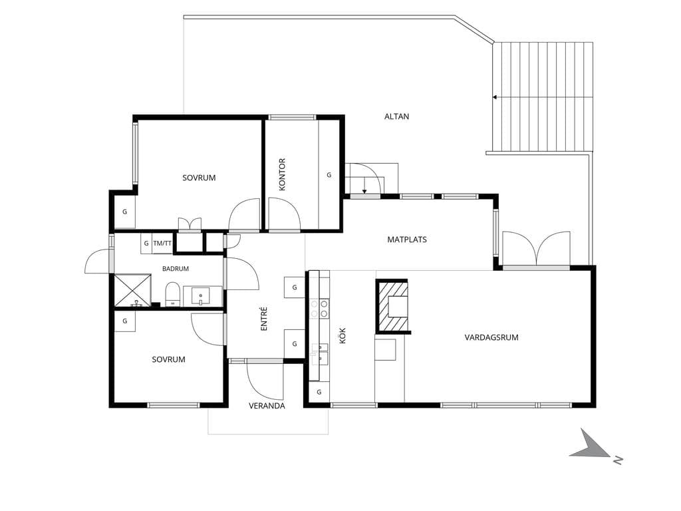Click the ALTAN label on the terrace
pos(396,116)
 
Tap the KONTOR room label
pos(282,174)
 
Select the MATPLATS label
pos(407,240)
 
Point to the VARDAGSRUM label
pos(491,337)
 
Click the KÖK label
pos(342,335)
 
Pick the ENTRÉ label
pos(264,319)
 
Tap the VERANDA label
pos(267,406)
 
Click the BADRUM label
pos(176,269)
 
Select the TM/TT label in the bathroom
pos(162,244)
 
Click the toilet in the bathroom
pos(173,293)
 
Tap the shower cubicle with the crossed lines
pos(133,290)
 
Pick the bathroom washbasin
pos(201,296)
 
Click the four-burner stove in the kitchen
pos(319,309)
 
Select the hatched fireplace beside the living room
pos(392,306)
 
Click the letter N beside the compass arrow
pos(618,460)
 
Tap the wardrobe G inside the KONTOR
pos(329,175)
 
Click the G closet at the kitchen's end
pos(319,392)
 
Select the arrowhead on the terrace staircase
pos(495,97)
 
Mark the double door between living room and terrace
pos(537,248)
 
